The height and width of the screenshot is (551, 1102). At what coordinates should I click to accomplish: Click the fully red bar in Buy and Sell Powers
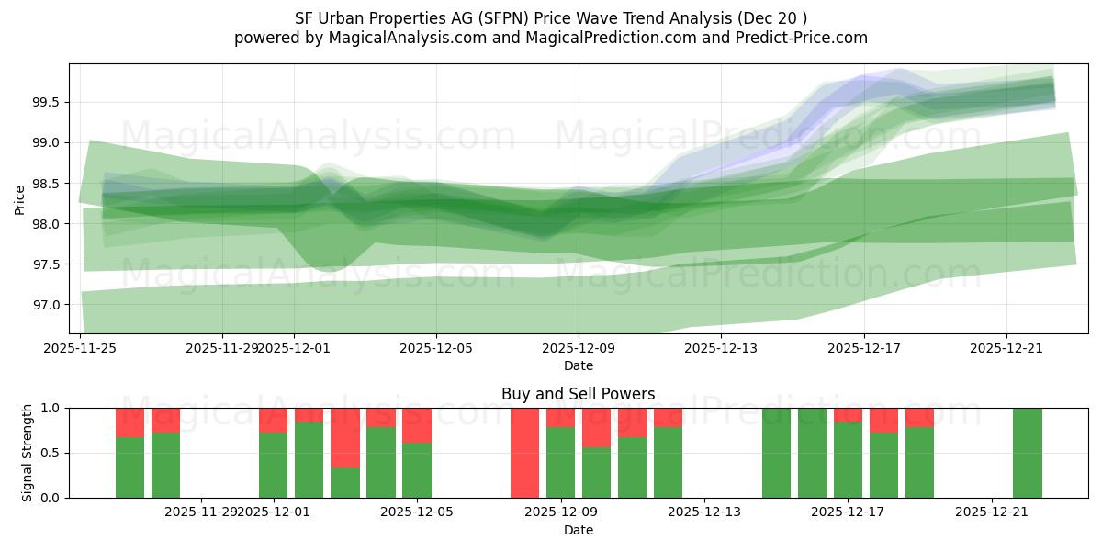[524, 453]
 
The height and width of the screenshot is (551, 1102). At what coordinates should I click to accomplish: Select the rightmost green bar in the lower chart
[1027, 453]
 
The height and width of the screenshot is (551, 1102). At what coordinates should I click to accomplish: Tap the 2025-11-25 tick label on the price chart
[80, 348]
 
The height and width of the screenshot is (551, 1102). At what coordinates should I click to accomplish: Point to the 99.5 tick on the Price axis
[47, 102]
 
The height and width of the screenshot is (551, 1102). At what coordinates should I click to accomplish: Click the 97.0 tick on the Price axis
[47, 305]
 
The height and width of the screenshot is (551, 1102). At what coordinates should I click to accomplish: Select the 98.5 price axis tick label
[47, 184]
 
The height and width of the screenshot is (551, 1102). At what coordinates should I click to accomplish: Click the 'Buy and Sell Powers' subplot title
[578, 394]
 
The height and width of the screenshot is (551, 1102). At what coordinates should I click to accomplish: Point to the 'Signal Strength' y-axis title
[28, 452]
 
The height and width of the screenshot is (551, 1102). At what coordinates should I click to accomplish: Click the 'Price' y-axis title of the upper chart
[20, 199]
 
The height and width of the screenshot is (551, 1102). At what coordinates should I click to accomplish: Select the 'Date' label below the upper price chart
[578, 365]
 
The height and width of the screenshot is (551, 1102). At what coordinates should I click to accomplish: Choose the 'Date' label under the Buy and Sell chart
[578, 530]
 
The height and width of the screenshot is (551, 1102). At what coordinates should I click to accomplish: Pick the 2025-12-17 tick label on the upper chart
[863, 348]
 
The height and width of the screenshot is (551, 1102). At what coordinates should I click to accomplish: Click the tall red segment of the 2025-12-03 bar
[345, 437]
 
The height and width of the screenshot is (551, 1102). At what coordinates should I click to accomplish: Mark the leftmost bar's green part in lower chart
[129, 467]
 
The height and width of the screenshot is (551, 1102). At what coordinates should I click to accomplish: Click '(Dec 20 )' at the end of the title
[775, 18]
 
